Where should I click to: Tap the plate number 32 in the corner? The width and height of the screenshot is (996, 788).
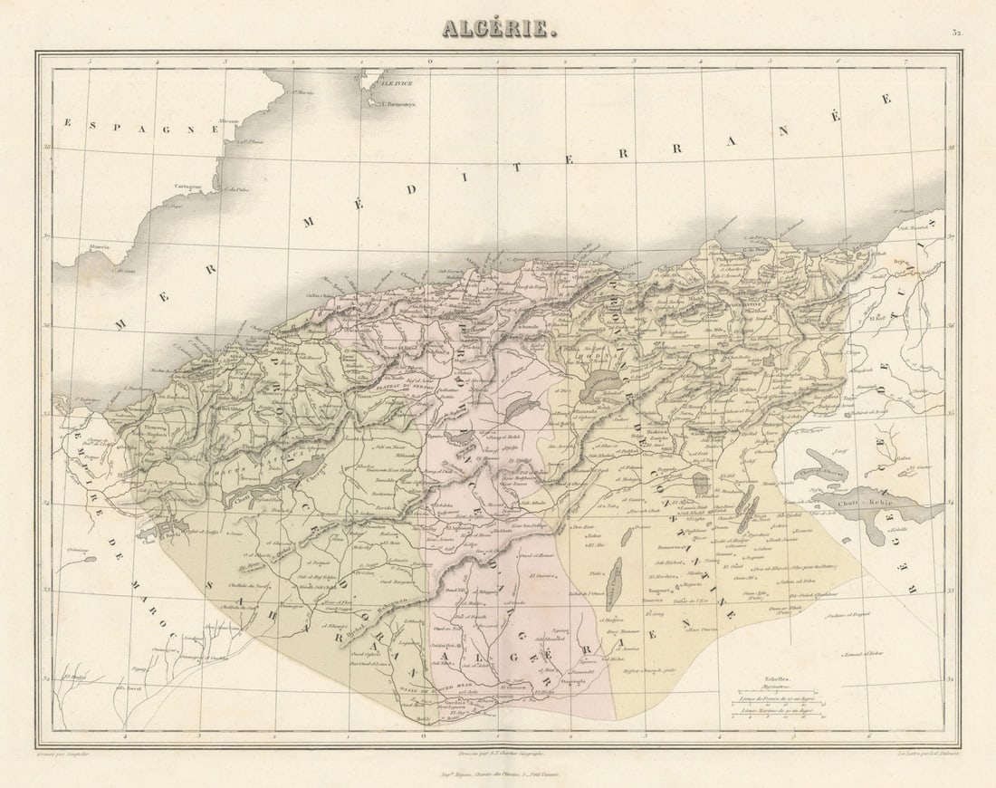[956, 33]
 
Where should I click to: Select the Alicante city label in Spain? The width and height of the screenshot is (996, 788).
[228, 120]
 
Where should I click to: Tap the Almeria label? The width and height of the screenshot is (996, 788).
[99, 246]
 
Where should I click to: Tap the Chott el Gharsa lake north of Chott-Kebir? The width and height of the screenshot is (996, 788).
[819, 471]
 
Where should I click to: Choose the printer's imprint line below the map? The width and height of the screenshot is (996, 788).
[498, 775]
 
